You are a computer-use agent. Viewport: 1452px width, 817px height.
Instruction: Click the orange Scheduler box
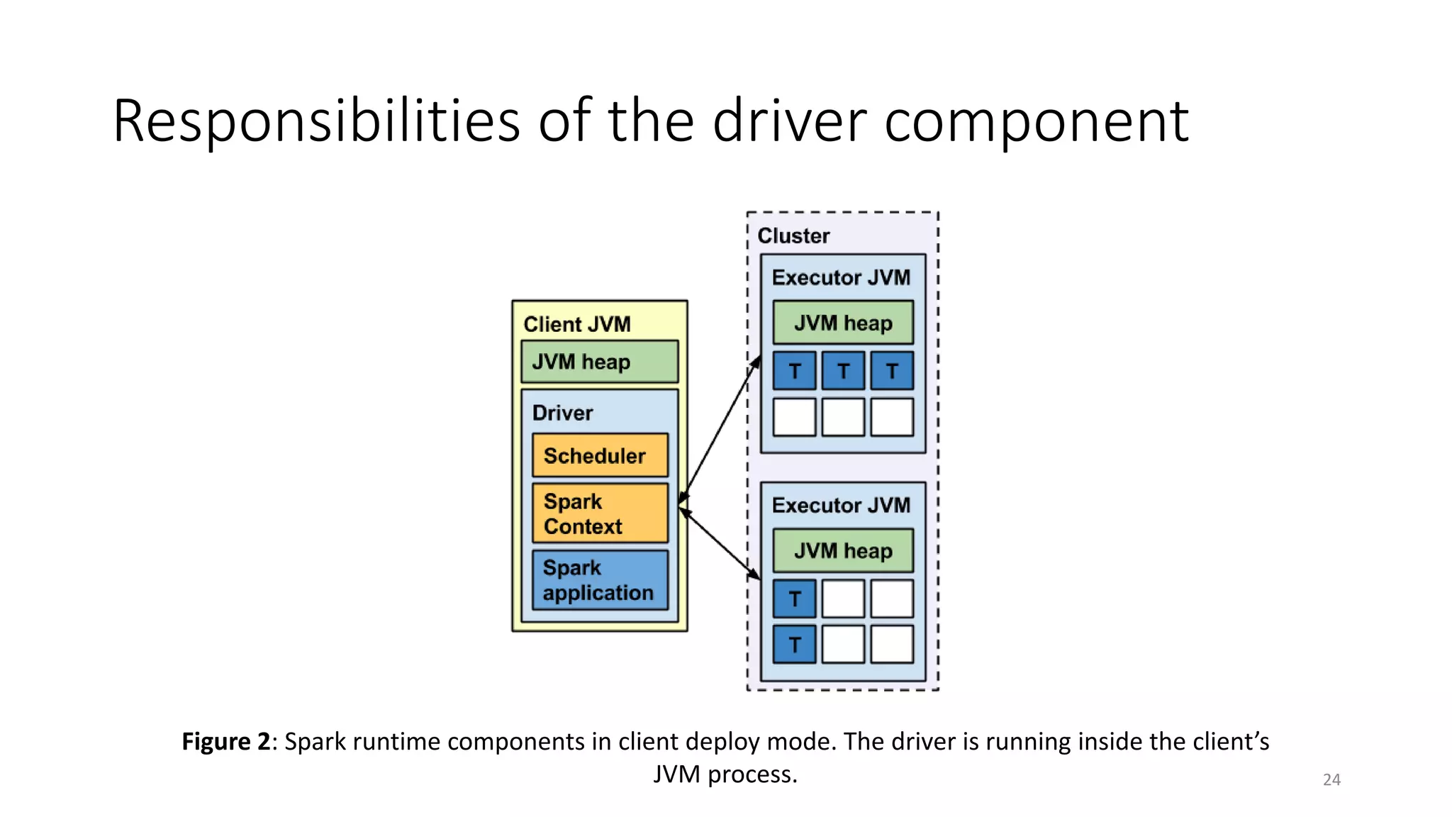coord(600,455)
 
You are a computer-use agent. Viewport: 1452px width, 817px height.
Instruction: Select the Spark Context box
coord(600,513)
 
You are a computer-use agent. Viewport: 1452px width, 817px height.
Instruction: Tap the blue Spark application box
coord(600,580)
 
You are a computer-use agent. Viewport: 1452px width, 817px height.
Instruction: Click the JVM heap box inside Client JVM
coord(600,362)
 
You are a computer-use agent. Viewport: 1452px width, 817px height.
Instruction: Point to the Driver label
coord(562,413)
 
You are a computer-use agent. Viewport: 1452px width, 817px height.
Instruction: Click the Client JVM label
coord(576,324)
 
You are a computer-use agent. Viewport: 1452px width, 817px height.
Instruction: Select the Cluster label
coord(793,235)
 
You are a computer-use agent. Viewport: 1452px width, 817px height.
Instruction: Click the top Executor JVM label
coord(841,277)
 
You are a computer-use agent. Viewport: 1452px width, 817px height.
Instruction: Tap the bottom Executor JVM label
coord(841,505)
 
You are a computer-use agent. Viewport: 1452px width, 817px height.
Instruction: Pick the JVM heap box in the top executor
coord(843,323)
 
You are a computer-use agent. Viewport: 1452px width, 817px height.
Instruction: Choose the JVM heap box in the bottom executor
coord(843,550)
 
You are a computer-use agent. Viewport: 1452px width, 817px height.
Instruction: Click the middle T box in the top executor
coord(843,371)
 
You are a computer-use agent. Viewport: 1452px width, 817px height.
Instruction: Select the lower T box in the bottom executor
coord(794,645)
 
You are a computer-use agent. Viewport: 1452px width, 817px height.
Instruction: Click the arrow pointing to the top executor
coord(720,429)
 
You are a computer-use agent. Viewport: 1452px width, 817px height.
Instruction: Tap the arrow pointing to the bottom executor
coord(720,543)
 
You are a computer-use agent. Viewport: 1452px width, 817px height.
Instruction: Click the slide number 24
coord(1331,779)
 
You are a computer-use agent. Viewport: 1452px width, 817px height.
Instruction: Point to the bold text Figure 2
coord(225,742)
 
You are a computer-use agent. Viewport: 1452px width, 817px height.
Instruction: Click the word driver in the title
coord(789,121)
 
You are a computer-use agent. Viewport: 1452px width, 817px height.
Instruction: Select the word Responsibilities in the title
coord(316,121)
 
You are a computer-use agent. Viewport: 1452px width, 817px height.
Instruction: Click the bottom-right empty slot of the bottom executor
coord(892,645)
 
